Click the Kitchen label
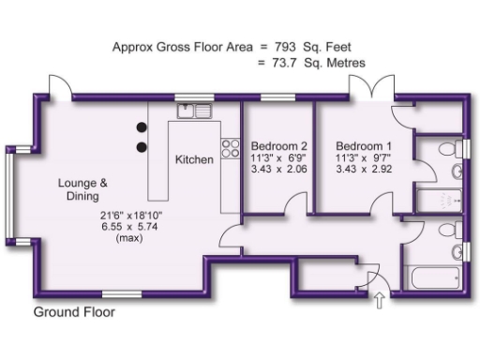(194, 159)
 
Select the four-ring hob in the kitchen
(228, 147)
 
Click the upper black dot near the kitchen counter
(142, 127)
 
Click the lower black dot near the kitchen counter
(142, 146)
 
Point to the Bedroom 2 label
(278, 146)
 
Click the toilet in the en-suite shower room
(456, 171)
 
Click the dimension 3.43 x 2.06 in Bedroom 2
(278, 171)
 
